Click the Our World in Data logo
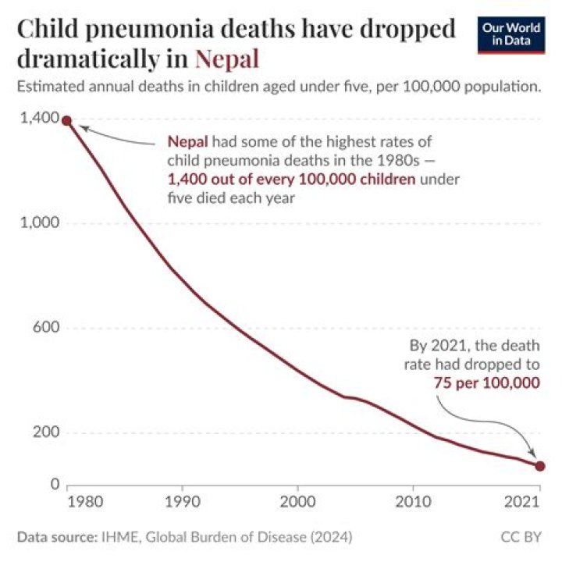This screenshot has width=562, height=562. [x=511, y=35]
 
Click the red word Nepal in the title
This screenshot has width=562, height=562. [x=227, y=59]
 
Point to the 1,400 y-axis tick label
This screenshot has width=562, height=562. [x=40, y=118]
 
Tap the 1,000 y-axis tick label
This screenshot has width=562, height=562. [x=40, y=222]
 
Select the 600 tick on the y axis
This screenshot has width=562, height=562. [x=46, y=327]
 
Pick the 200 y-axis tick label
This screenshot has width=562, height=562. [x=46, y=432]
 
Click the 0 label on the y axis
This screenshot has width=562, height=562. [x=55, y=484]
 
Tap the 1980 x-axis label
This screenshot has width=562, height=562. [x=85, y=502]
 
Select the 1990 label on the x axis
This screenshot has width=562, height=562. [x=183, y=502]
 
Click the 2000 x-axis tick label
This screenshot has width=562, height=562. [x=297, y=502]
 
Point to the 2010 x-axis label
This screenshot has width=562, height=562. [x=413, y=502]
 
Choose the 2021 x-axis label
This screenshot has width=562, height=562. [x=522, y=502]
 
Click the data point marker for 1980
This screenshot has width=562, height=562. [x=66, y=121]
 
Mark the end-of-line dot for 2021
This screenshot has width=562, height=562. [x=540, y=466]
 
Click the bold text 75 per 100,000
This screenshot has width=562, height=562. [x=487, y=383]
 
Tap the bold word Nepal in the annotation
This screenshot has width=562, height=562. [x=188, y=142]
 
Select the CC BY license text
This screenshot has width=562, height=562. [x=521, y=537]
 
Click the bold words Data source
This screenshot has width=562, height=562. [x=57, y=537]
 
